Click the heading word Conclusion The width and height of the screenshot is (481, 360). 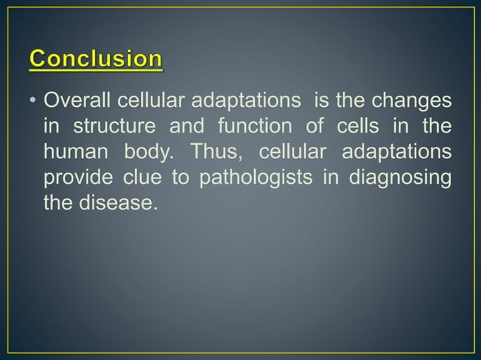pyautogui.click(x=96, y=59)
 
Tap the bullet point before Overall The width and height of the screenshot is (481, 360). pyautogui.click(x=33, y=102)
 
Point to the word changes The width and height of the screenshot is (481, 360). pyautogui.click(x=414, y=101)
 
